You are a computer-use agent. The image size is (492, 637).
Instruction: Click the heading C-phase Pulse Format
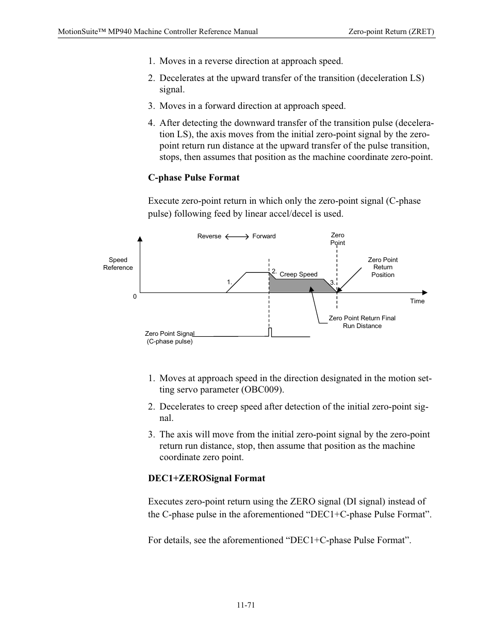click(x=193, y=177)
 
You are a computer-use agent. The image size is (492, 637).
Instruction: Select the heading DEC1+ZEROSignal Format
click(x=206, y=478)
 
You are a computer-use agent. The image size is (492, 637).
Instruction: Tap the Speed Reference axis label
click(x=118, y=264)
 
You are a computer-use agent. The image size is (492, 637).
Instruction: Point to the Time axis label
click(x=417, y=301)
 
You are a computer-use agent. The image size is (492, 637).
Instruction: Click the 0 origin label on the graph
click(x=135, y=297)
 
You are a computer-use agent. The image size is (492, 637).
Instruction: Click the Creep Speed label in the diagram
click(x=298, y=274)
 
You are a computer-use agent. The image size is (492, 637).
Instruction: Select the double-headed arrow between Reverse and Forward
click(x=237, y=236)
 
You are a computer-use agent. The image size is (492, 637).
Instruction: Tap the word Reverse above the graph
click(x=209, y=236)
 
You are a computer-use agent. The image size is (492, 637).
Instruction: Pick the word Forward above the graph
click(x=264, y=236)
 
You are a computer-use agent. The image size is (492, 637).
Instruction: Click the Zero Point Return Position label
click(x=383, y=267)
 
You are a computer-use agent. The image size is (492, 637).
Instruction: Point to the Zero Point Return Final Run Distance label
click(x=362, y=322)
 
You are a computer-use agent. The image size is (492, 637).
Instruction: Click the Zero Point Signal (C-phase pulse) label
click(x=169, y=337)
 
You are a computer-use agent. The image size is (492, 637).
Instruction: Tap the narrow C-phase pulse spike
click(x=270, y=332)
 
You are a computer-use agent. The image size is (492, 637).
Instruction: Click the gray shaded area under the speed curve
click(x=299, y=286)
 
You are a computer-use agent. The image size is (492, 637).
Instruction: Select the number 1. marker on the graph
click(x=229, y=282)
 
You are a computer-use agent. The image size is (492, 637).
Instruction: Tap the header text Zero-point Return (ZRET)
click(x=391, y=31)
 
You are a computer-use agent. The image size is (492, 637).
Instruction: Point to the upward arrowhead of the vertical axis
click(x=140, y=239)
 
